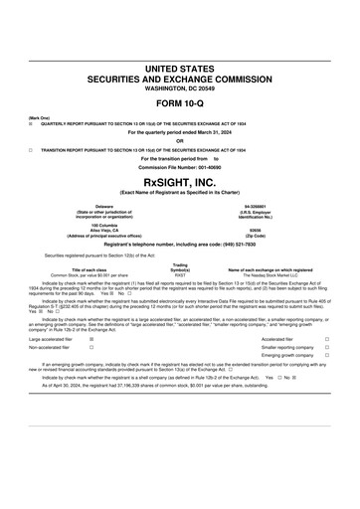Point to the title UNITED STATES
point(179,68)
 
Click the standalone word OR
point(179,140)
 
